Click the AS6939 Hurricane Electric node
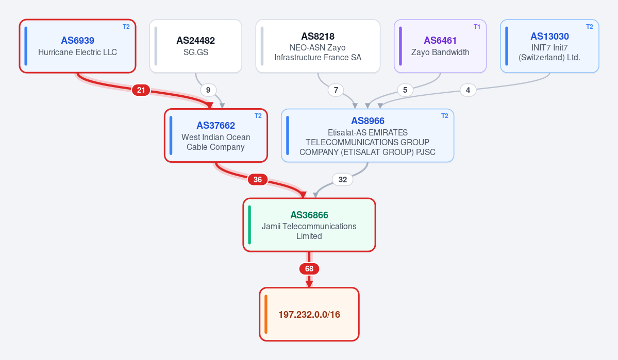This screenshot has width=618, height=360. click(78, 46)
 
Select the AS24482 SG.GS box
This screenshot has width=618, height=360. click(195, 46)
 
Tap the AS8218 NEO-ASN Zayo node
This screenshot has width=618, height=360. click(318, 46)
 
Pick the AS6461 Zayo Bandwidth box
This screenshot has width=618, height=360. click(440, 46)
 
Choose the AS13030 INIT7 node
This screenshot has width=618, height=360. click(549, 46)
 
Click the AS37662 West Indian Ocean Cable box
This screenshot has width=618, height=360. click(216, 135)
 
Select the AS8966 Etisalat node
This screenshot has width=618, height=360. click(368, 135)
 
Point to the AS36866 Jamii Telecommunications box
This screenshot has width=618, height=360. click(309, 225)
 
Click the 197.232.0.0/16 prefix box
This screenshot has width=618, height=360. click(309, 314)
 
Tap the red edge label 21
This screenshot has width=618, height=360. click(141, 90)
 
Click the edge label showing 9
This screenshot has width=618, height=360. click(208, 90)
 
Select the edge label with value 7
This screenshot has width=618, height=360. click(336, 90)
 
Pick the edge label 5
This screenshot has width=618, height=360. click(405, 90)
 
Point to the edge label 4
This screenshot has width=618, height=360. click(468, 90)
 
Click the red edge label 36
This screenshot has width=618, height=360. click(258, 180)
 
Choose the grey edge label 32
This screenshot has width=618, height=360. click(342, 180)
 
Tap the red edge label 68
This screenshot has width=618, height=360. click(309, 269)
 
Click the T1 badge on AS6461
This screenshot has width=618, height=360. click(477, 27)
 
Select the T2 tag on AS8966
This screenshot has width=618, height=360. click(445, 116)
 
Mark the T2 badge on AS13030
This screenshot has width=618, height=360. click(589, 27)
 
